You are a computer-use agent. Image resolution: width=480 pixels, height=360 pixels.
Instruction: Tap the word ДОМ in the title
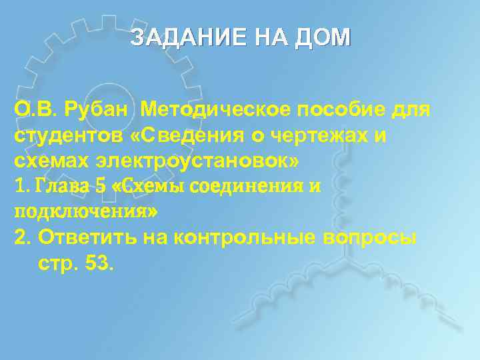click(x=321, y=37)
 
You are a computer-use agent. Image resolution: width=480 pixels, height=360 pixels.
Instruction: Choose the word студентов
click(x=67, y=135)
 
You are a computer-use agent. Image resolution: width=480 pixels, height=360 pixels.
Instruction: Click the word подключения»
click(x=86, y=212)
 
